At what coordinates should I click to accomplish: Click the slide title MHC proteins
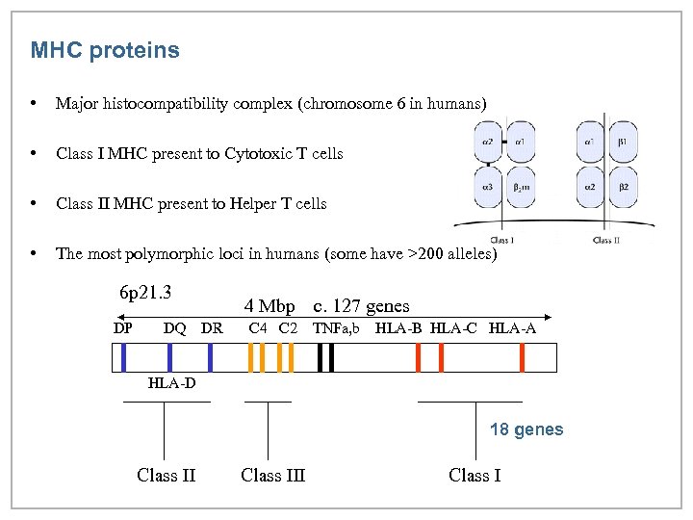tap(105, 50)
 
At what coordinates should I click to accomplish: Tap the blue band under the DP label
tap(124, 357)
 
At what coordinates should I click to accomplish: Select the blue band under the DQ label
tap(169, 357)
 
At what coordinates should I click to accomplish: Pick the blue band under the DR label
tap(210, 357)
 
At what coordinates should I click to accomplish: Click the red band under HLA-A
tap(522, 357)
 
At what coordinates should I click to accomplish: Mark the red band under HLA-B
tap(419, 357)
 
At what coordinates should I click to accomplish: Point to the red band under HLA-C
tap(441, 357)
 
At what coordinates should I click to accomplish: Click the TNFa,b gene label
tap(336, 329)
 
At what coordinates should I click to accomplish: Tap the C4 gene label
tap(258, 329)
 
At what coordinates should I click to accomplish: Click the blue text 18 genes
tap(526, 429)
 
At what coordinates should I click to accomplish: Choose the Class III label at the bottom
tap(273, 475)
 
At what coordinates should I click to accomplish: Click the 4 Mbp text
tap(269, 306)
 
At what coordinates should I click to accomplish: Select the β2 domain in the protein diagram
tap(623, 188)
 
